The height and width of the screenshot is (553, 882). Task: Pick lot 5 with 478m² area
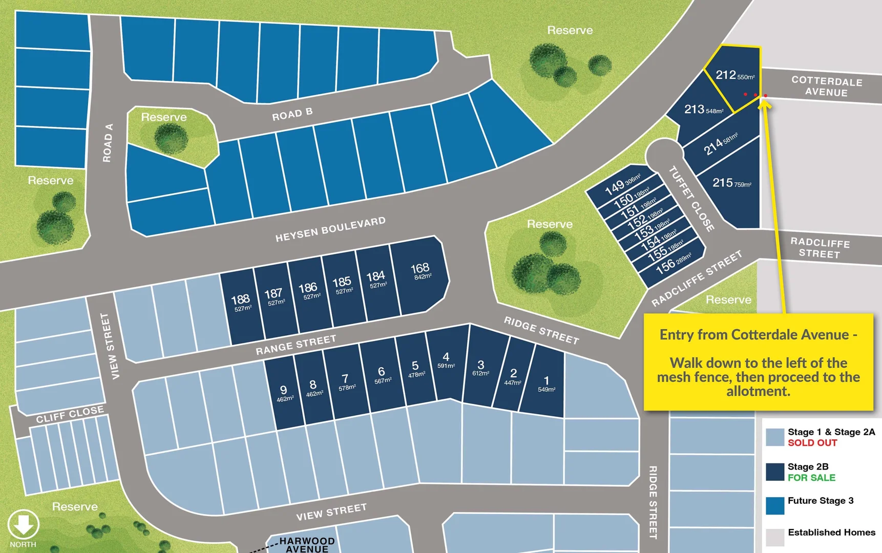click(x=415, y=369)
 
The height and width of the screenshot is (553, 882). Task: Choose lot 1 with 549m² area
click(x=546, y=384)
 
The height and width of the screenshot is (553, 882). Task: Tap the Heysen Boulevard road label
click(x=330, y=229)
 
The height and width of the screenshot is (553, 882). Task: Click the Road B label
click(x=292, y=114)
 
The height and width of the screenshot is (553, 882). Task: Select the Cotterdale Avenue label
click(x=826, y=87)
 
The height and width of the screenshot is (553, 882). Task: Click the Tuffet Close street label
click(x=691, y=199)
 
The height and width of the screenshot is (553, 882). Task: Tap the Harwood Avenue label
click(x=307, y=545)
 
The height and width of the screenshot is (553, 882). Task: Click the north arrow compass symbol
click(x=23, y=525)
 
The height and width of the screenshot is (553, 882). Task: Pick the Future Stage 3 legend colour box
click(x=775, y=505)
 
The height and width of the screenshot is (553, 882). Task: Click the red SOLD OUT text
click(x=812, y=443)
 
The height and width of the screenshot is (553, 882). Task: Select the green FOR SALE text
click(x=811, y=478)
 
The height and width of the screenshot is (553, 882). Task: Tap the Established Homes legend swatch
click(x=775, y=537)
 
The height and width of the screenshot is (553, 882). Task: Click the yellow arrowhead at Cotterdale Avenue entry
click(x=764, y=103)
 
